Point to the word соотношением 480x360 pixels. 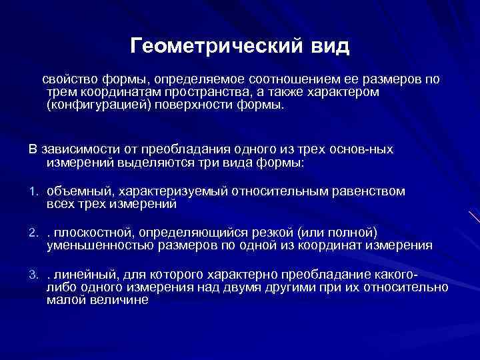tap(270, 79)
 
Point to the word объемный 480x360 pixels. tap(72, 192)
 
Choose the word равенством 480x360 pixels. tap(369, 192)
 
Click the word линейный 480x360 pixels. tap(81, 275)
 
